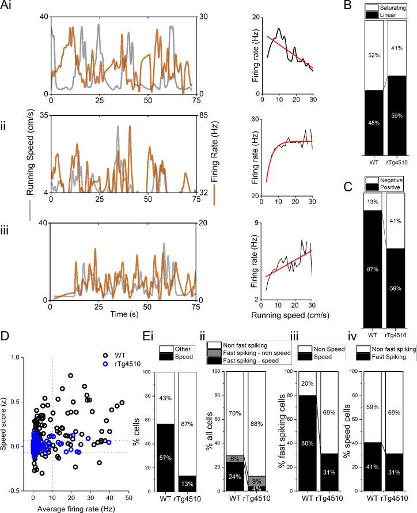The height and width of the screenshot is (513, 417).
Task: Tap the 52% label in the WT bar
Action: tap(375, 54)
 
